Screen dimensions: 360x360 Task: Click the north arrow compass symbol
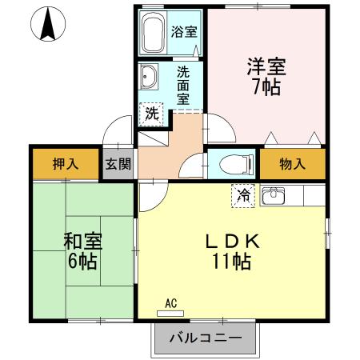[47, 24]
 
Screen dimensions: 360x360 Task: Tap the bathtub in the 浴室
[154, 33]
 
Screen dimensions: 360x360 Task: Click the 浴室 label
[185, 34]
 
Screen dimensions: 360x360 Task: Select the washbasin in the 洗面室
[150, 78]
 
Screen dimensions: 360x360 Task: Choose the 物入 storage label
[292, 165]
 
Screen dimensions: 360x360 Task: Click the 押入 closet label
[66, 165]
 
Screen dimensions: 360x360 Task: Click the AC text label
[170, 303]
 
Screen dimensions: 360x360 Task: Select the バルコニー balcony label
[206, 338]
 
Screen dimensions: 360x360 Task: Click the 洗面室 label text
[183, 86]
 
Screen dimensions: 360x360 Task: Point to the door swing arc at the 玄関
[120, 128]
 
